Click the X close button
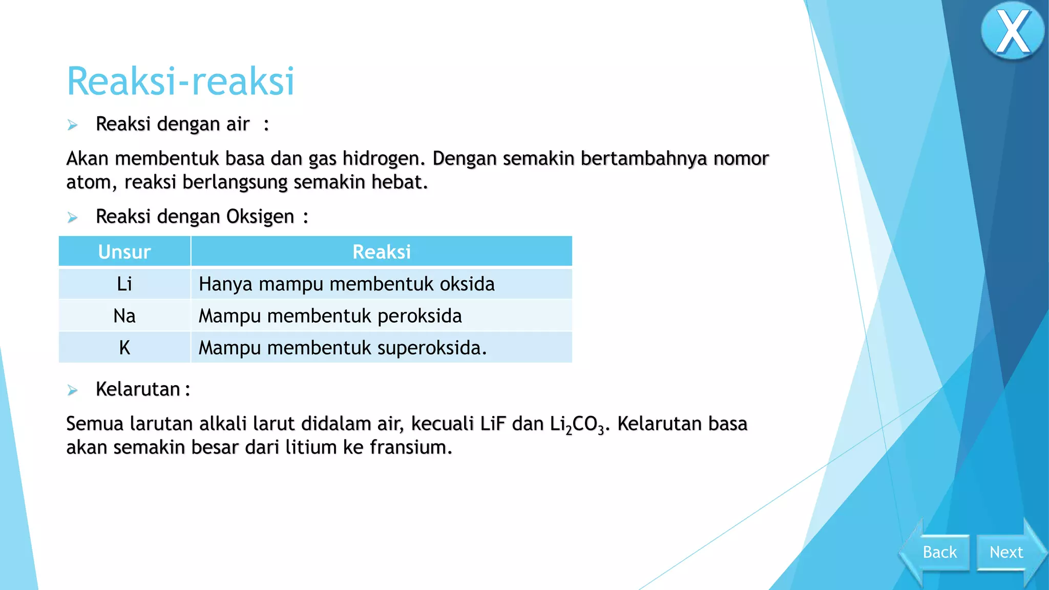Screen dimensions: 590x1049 [x=1012, y=32]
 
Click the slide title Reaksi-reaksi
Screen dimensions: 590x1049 [x=181, y=81]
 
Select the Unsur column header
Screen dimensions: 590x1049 [x=124, y=252]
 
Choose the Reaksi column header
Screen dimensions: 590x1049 [x=382, y=252]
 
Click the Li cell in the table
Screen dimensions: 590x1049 [x=124, y=284]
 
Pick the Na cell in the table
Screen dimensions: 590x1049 [x=124, y=316]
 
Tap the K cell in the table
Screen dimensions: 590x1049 [x=124, y=348]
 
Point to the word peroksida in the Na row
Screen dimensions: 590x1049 [x=419, y=317]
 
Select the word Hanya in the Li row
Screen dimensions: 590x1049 [x=225, y=284]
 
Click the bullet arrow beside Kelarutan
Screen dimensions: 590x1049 [x=73, y=390]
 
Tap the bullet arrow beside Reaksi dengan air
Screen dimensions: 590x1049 [x=73, y=125]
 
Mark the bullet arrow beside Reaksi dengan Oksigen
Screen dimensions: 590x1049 [x=73, y=218]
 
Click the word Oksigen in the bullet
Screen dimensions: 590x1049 [x=260, y=217]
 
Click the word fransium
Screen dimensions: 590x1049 [x=411, y=448]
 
